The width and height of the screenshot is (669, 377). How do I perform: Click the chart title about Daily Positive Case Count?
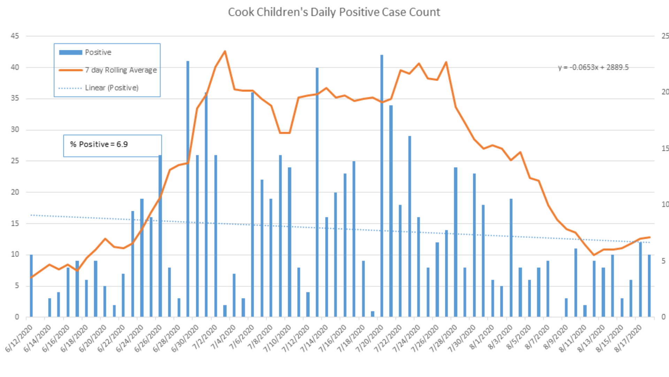point(334,12)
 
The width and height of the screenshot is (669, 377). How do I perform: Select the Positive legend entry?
point(98,52)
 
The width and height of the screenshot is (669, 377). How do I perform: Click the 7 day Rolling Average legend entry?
point(121,70)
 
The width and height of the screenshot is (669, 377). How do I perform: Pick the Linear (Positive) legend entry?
point(111,88)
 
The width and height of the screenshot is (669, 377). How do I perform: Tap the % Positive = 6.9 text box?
point(112,145)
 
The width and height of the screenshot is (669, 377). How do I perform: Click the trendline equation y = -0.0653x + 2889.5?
point(593,67)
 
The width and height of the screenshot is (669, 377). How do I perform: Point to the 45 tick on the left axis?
point(15,36)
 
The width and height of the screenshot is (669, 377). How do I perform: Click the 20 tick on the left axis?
point(15,192)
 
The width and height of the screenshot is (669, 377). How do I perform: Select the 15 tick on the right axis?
point(665,148)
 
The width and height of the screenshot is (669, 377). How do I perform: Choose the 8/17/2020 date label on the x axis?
point(628,338)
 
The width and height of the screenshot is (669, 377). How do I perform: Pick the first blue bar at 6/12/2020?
point(31,286)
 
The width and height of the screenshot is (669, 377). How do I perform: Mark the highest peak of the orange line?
point(225,52)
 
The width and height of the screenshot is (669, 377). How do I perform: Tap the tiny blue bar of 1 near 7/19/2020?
point(372,314)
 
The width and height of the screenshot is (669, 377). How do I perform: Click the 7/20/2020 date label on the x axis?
point(369,338)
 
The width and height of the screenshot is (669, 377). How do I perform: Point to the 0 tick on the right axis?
point(663,317)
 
